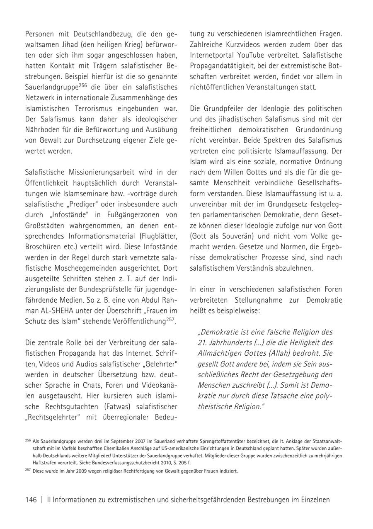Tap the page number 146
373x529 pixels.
click(31, 500)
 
